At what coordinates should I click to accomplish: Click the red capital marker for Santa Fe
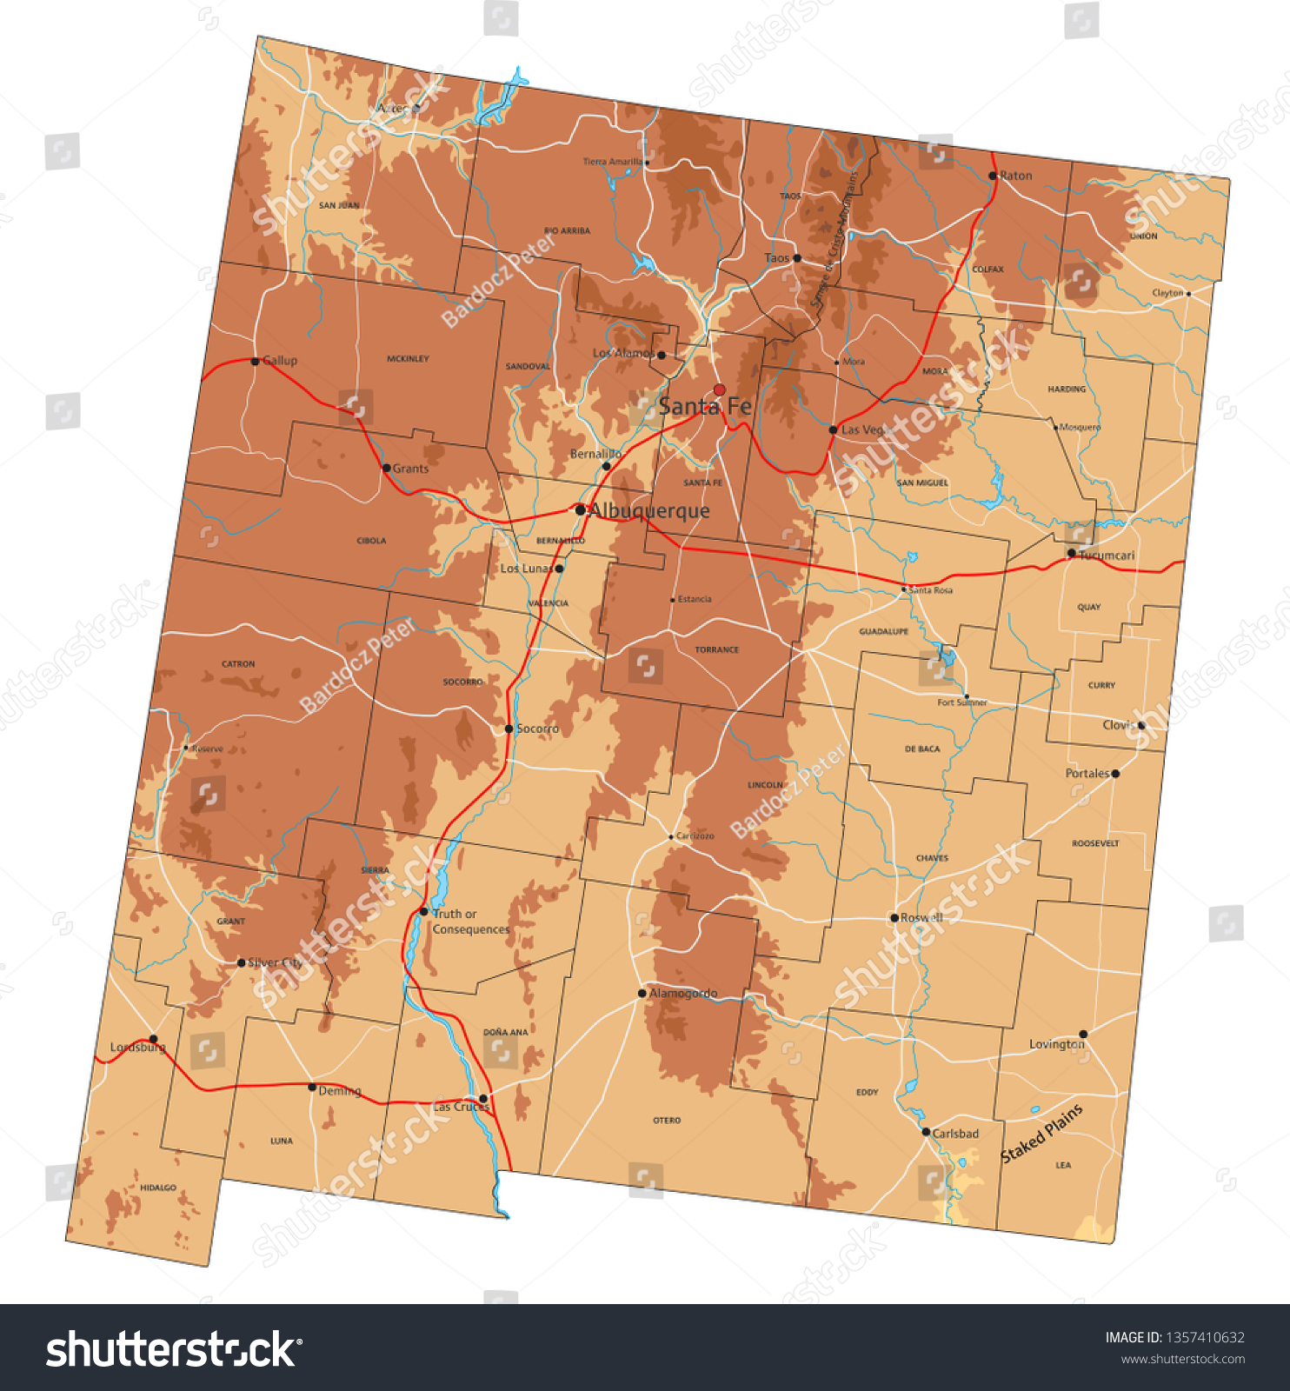point(719,389)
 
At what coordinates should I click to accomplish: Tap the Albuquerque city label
point(648,510)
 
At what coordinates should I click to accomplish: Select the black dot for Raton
point(993,176)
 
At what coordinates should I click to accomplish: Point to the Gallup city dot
point(255,361)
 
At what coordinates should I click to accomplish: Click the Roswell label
point(921,917)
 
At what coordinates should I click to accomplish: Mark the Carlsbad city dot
point(926,1132)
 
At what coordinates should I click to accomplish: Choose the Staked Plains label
point(1041,1133)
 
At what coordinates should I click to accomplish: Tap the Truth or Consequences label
point(470,922)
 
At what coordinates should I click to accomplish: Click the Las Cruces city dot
point(483,1099)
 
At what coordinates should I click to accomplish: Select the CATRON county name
point(238,664)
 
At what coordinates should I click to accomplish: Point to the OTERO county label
point(667,1121)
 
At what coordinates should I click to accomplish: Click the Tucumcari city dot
point(1071,553)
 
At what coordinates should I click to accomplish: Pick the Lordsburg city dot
point(153,1039)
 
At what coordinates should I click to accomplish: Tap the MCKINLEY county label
point(408,358)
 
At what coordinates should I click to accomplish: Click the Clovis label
point(1118,724)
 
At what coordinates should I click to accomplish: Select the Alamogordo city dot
point(642,993)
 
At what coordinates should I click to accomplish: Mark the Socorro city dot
point(509,729)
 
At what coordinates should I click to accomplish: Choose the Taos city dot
point(797,258)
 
